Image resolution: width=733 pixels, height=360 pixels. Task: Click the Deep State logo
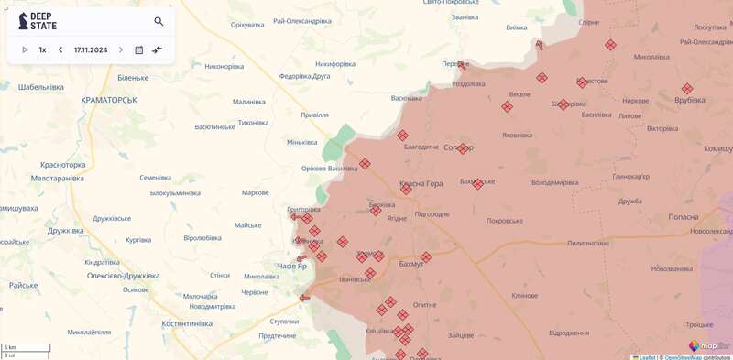point(38,21)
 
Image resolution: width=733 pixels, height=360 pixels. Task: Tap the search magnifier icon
point(159,21)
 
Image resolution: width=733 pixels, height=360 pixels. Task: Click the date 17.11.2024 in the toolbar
point(91,50)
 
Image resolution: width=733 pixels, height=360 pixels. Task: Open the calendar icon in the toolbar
point(139,50)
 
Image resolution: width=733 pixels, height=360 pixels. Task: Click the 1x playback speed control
point(42,50)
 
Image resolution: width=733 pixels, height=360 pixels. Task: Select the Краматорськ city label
point(108,99)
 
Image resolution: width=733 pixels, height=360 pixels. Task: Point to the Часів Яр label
point(291,267)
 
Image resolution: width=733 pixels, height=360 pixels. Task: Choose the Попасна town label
point(683,217)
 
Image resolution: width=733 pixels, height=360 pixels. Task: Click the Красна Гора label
point(421,184)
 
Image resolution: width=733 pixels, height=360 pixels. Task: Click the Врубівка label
point(690,100)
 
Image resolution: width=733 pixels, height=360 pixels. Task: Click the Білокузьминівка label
point(175,193)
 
